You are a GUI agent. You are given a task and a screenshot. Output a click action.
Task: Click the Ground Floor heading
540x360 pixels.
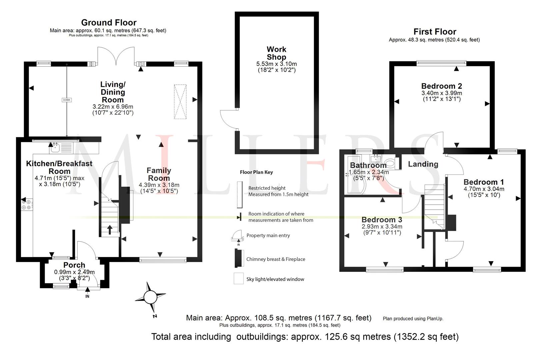tap(109, 22)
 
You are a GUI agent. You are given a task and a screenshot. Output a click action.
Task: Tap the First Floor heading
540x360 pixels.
tap(435, 32)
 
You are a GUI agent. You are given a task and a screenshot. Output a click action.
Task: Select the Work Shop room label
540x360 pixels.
tap(276, 53)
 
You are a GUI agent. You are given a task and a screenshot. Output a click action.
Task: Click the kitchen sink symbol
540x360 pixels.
tap(55, 148)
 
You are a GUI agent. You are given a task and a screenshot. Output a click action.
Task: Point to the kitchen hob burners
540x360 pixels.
tap(26, 204)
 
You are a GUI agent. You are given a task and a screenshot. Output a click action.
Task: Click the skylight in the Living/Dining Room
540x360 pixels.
tap(180, 102)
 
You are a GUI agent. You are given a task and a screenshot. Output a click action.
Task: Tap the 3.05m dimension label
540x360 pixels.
tap(67, 100)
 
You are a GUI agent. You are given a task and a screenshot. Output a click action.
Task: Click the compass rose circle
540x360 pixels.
tap(150, 297)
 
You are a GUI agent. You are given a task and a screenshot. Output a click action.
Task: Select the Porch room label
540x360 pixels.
tap(74, 265)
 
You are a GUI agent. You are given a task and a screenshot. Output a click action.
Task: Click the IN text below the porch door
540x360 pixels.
tap(87, 296)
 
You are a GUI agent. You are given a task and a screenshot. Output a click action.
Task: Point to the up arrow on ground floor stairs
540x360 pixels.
tap(110, 230)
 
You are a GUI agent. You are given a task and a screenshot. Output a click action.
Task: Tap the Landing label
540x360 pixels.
tap(423, 164)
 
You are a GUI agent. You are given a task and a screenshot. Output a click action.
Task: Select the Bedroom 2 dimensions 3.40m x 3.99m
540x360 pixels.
tap(442, 93)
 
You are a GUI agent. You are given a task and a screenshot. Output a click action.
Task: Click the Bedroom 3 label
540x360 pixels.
tap(382, 220)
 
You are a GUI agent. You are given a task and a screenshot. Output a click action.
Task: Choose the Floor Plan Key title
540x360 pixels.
tap(256, 172)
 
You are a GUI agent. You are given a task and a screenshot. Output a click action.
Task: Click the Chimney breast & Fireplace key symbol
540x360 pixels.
tap(239, 258)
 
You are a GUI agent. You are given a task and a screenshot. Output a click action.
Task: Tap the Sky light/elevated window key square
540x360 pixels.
tap(239, 278)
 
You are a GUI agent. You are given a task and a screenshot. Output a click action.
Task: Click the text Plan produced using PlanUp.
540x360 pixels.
tap(413, 319)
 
